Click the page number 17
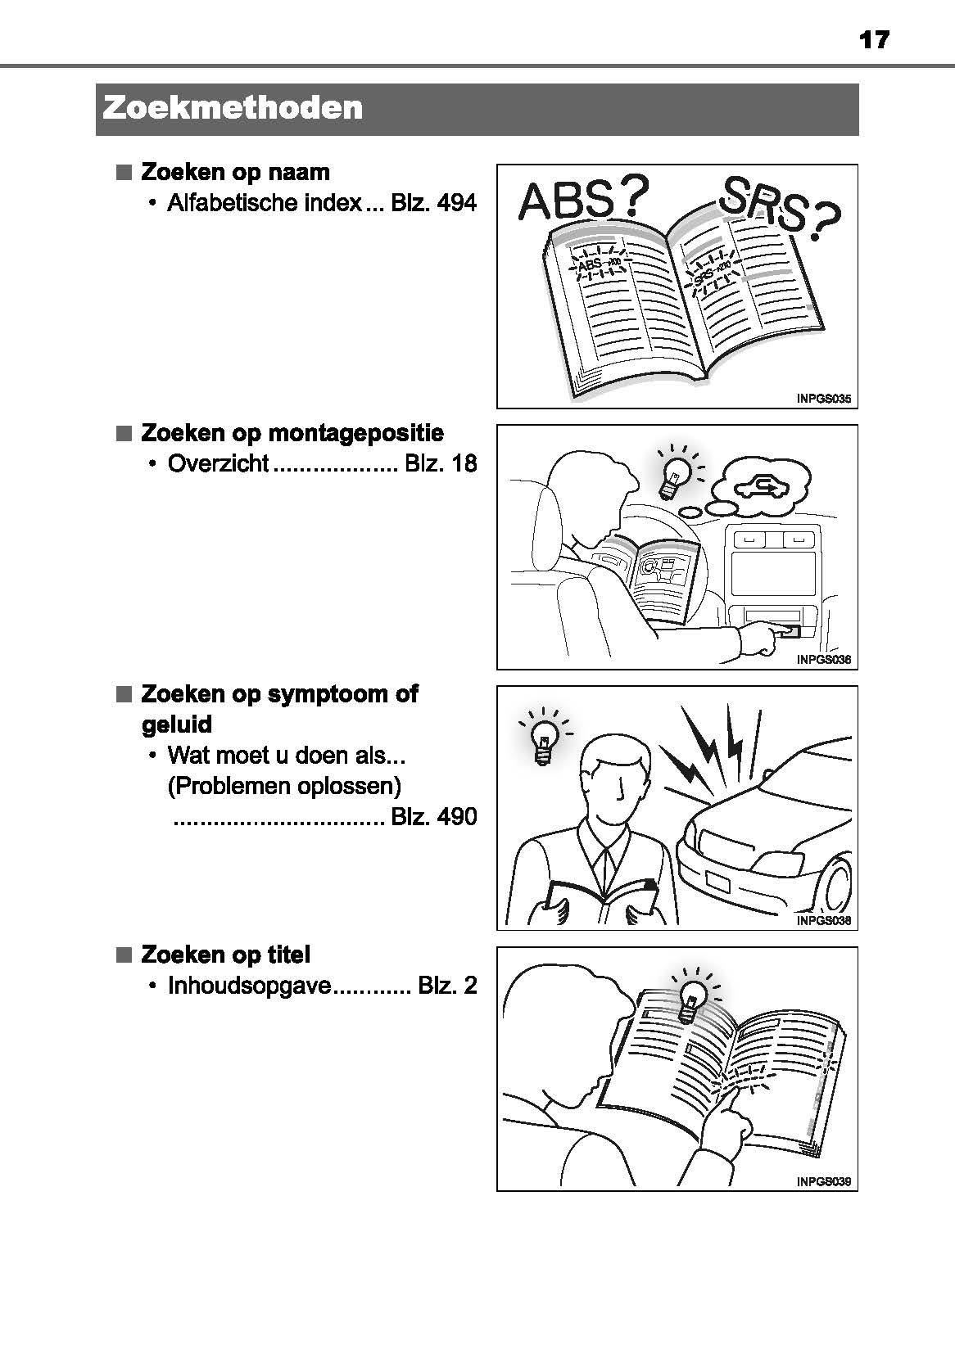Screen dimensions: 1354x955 [874, 39]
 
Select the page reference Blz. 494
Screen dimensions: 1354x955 [433, 203]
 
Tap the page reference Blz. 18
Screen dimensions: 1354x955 [440, 463]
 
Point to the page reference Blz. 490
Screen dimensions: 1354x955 [433, 816]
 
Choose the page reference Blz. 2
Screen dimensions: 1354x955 [446, 985]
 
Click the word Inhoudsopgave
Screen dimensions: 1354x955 [249, 985]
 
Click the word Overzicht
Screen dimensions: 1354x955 [218, 463]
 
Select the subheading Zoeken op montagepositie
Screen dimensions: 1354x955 [292, 432]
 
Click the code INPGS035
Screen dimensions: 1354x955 [823, 399]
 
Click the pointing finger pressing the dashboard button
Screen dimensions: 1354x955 [762, 635]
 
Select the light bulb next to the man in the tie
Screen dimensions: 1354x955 [542, 739]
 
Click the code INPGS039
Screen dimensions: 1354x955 [823, 1181]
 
